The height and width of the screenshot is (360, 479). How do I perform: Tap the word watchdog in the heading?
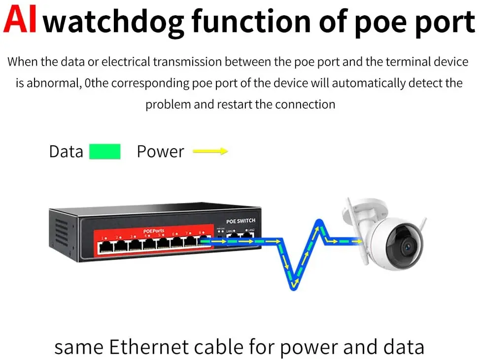(114, 22)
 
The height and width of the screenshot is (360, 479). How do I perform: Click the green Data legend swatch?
(104, 152)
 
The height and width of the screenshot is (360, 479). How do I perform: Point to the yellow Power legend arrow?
(210, 152)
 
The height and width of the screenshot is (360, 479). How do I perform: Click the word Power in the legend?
(160, 152)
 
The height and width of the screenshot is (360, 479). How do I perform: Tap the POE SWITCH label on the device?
(240, 221)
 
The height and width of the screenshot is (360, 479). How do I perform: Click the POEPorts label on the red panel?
(154, 230)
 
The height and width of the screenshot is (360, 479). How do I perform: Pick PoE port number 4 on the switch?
(148, 243)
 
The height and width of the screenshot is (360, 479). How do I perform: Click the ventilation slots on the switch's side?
(61, 231)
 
